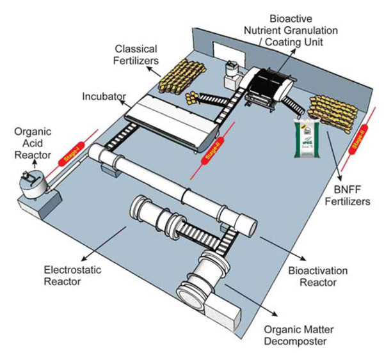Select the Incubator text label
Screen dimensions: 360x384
(102, 98)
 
